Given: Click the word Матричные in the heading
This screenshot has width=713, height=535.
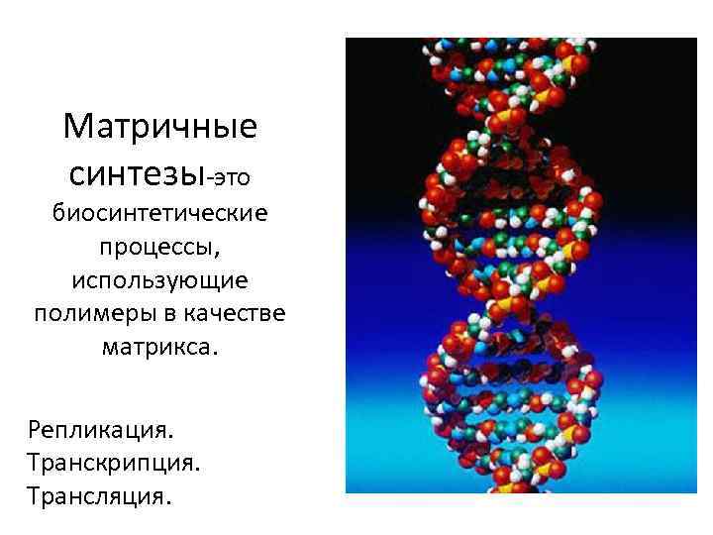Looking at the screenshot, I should coord(159,128).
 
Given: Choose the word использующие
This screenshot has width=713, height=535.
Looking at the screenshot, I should coord(159,281).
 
